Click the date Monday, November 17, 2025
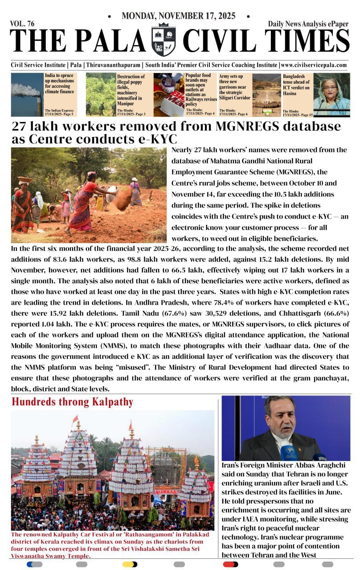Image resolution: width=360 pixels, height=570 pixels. tap(179, 16)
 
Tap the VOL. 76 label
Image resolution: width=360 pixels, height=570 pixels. tap(22, 24)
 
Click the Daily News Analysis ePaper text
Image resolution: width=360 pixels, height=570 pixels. tap(308, 24)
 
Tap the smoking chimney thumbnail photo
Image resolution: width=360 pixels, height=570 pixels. tap(26, 94)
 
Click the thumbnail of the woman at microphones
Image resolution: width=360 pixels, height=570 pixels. tap(332, 94)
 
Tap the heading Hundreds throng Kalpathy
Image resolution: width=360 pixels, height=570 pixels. tap(72, 402)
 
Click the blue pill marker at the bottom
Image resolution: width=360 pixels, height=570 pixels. tap(34, 564)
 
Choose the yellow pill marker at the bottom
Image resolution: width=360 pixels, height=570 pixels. tap(130, 564)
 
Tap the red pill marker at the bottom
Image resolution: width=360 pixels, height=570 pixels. tap(230, 564)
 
